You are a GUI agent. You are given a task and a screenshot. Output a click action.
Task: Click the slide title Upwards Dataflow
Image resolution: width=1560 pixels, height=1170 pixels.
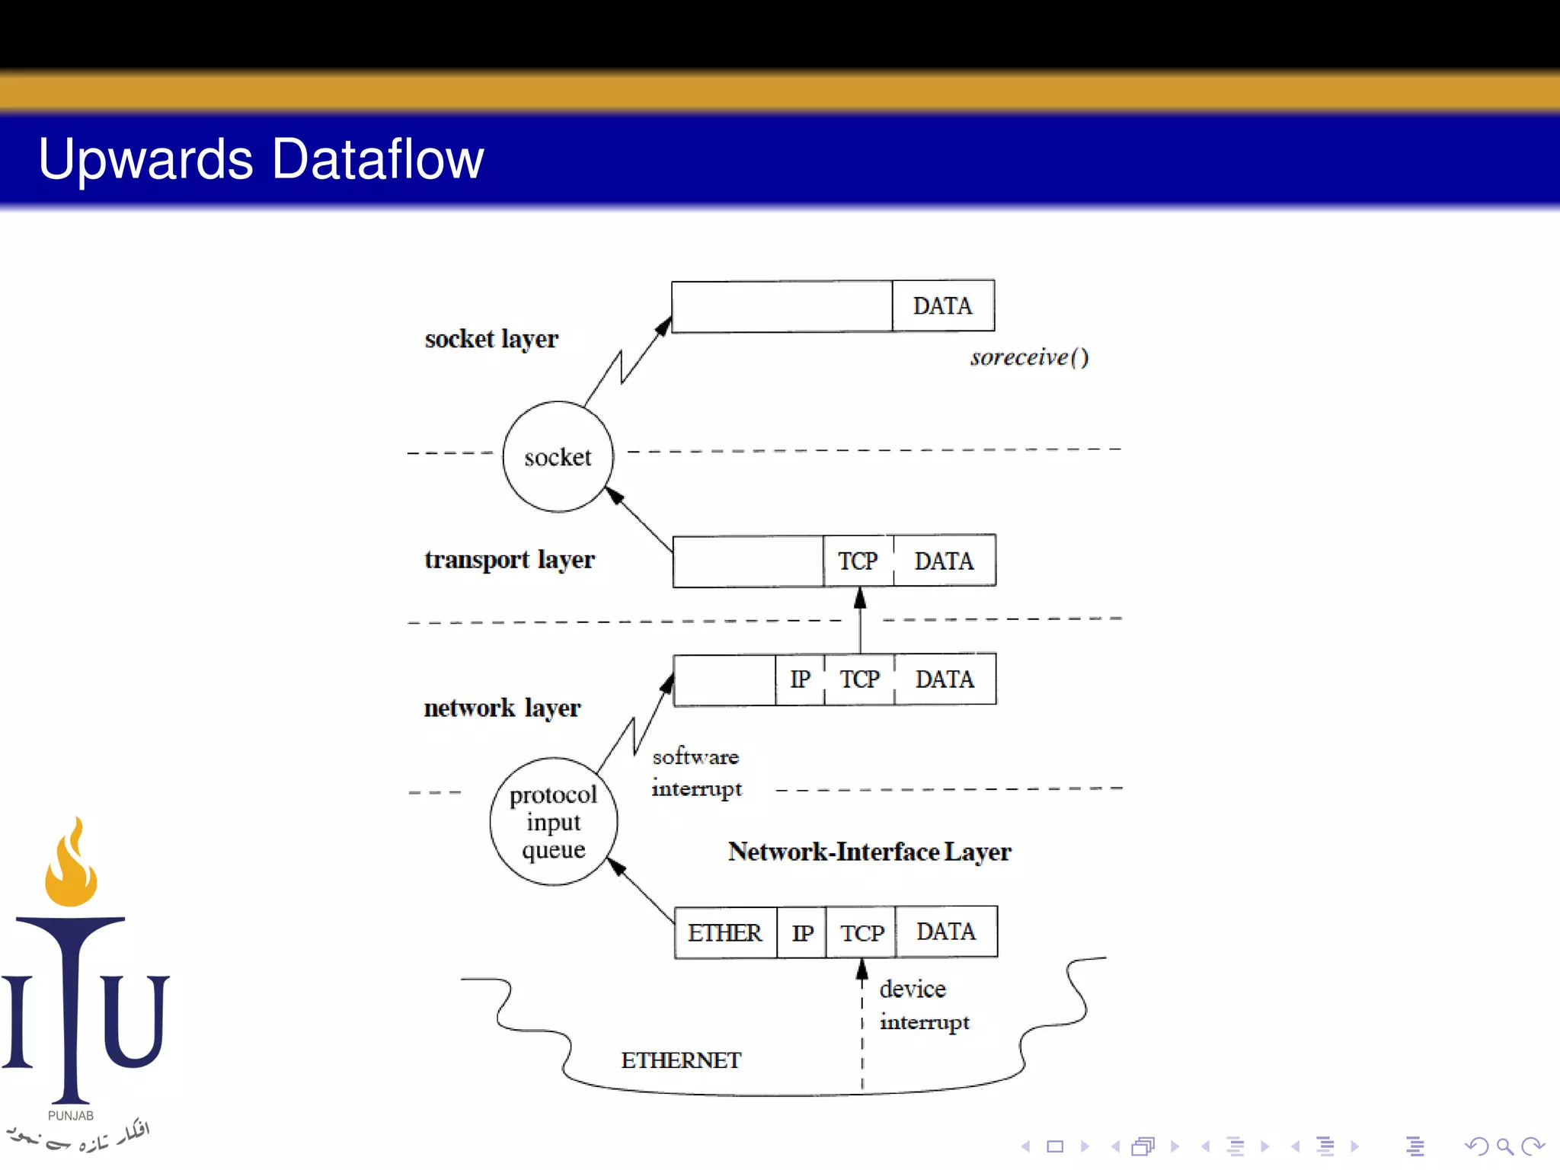tap(261, 159)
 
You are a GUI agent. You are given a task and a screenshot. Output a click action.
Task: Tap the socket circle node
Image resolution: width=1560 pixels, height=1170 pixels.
tap(558, 457)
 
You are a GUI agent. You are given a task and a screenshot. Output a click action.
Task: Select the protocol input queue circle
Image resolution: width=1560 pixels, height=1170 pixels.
tap(554, 822)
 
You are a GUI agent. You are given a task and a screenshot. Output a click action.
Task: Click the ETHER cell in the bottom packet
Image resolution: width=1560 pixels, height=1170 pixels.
tap(724, 932)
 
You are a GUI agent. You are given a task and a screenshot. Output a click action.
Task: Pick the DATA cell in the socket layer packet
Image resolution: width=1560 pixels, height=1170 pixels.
tap(943, 306)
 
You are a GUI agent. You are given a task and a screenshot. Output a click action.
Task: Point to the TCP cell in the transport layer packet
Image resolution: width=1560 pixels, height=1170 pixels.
tap(858, 561)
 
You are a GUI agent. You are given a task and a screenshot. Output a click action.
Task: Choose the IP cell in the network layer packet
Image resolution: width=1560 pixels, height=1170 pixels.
tap(800, 679)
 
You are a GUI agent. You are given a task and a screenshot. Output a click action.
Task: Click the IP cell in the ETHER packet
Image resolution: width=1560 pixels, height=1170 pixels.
tap(802, 932)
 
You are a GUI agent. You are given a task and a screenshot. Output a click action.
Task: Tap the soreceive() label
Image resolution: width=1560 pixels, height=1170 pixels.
tap(1029, 357)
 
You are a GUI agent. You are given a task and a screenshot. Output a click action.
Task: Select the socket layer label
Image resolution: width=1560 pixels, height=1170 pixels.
tap(491, 339)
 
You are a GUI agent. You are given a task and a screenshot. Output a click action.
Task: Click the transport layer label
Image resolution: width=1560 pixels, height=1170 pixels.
tap(509, 560)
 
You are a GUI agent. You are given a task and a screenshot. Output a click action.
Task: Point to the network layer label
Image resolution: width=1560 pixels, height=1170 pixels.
tap(502, 708)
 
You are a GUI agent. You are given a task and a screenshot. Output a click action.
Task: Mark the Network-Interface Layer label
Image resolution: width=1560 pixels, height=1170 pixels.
tap(869, 852)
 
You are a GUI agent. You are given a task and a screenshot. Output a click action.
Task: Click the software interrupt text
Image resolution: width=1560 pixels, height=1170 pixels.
tap(696, 772)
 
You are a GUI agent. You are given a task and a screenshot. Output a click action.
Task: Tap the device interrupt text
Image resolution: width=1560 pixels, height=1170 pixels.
tap(924, 1005)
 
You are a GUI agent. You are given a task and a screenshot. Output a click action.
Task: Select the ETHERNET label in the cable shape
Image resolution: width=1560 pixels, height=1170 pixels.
tap(681, 1060)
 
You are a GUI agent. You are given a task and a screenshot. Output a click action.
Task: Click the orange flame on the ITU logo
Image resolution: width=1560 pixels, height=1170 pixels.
tap(71, 865)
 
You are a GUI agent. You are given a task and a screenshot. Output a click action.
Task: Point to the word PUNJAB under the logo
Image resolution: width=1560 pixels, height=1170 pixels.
tap(71, 1115)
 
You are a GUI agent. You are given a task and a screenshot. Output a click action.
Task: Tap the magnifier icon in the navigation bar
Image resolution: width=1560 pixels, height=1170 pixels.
tap(1504, 1146)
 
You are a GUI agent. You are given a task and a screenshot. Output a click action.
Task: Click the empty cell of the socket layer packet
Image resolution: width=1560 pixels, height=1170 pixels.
tap(782, 306)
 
